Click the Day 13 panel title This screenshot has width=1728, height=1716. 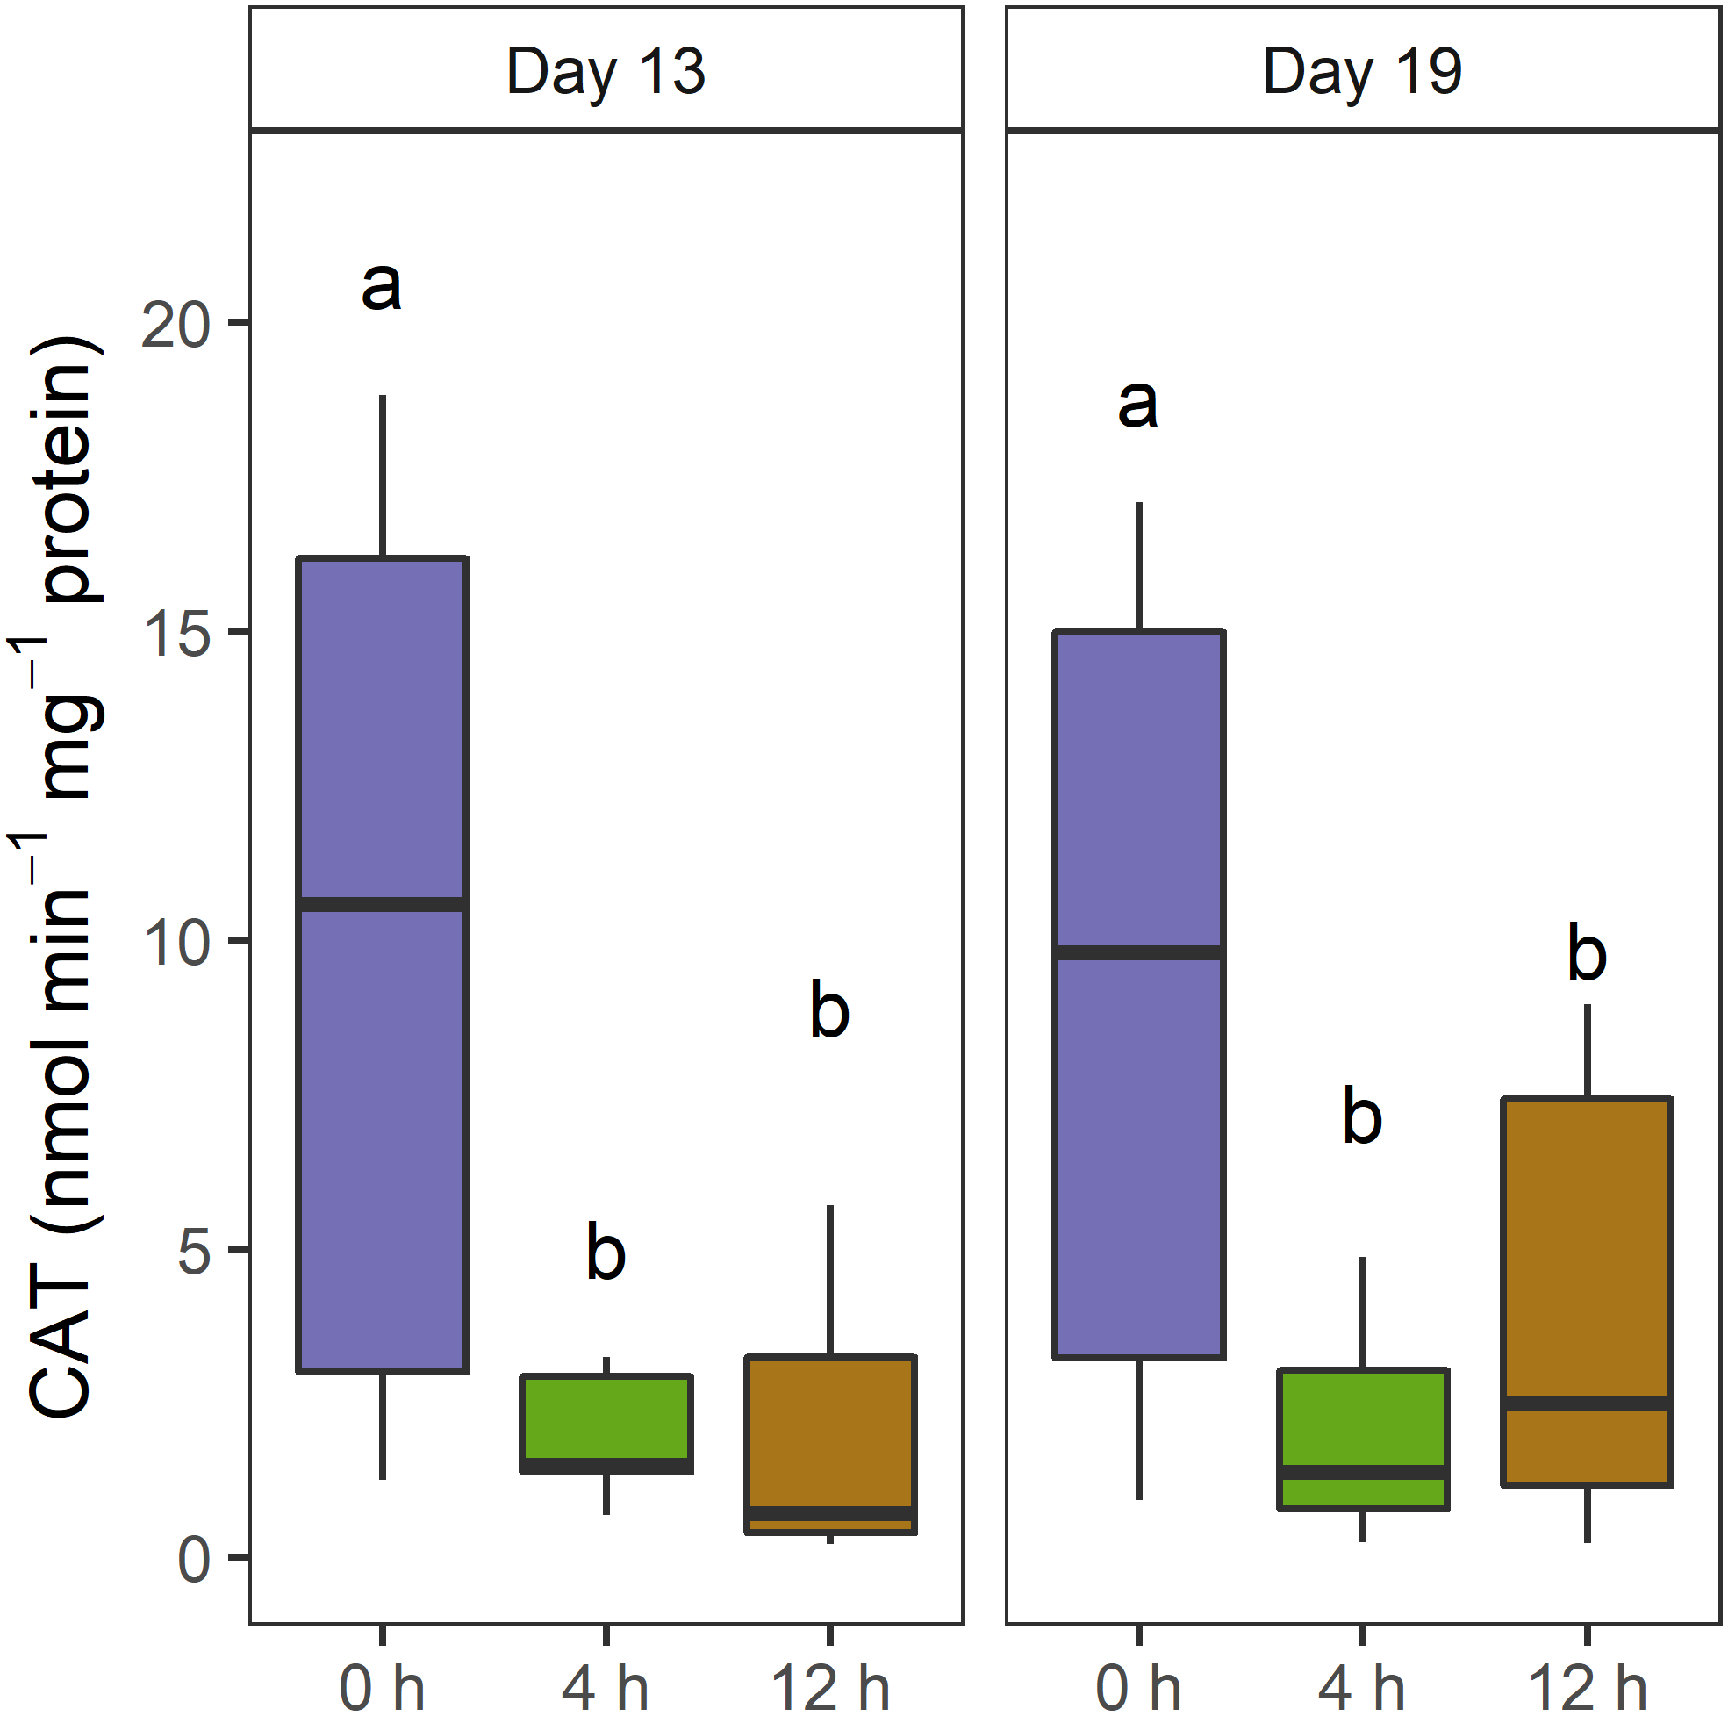point(606,72)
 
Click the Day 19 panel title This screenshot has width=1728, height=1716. point(1361,72)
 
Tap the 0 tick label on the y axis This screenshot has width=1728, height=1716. point(193,1562)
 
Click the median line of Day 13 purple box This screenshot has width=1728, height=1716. point(383,905)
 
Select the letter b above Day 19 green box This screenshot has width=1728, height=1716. point(1362,1117)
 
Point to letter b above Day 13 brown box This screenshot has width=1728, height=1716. point(829,1011)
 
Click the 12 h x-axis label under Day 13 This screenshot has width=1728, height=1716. point(829,1687)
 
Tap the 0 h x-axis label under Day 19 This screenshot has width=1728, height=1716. point(1137,1687)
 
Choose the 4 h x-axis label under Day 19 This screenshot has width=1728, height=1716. point(1361,1687)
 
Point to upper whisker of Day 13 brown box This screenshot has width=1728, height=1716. point(830,1281)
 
